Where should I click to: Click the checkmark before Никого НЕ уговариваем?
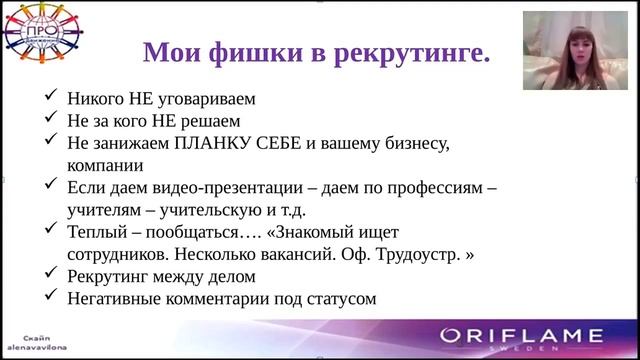coord(51,99)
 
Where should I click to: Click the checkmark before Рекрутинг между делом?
coord(51,275)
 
